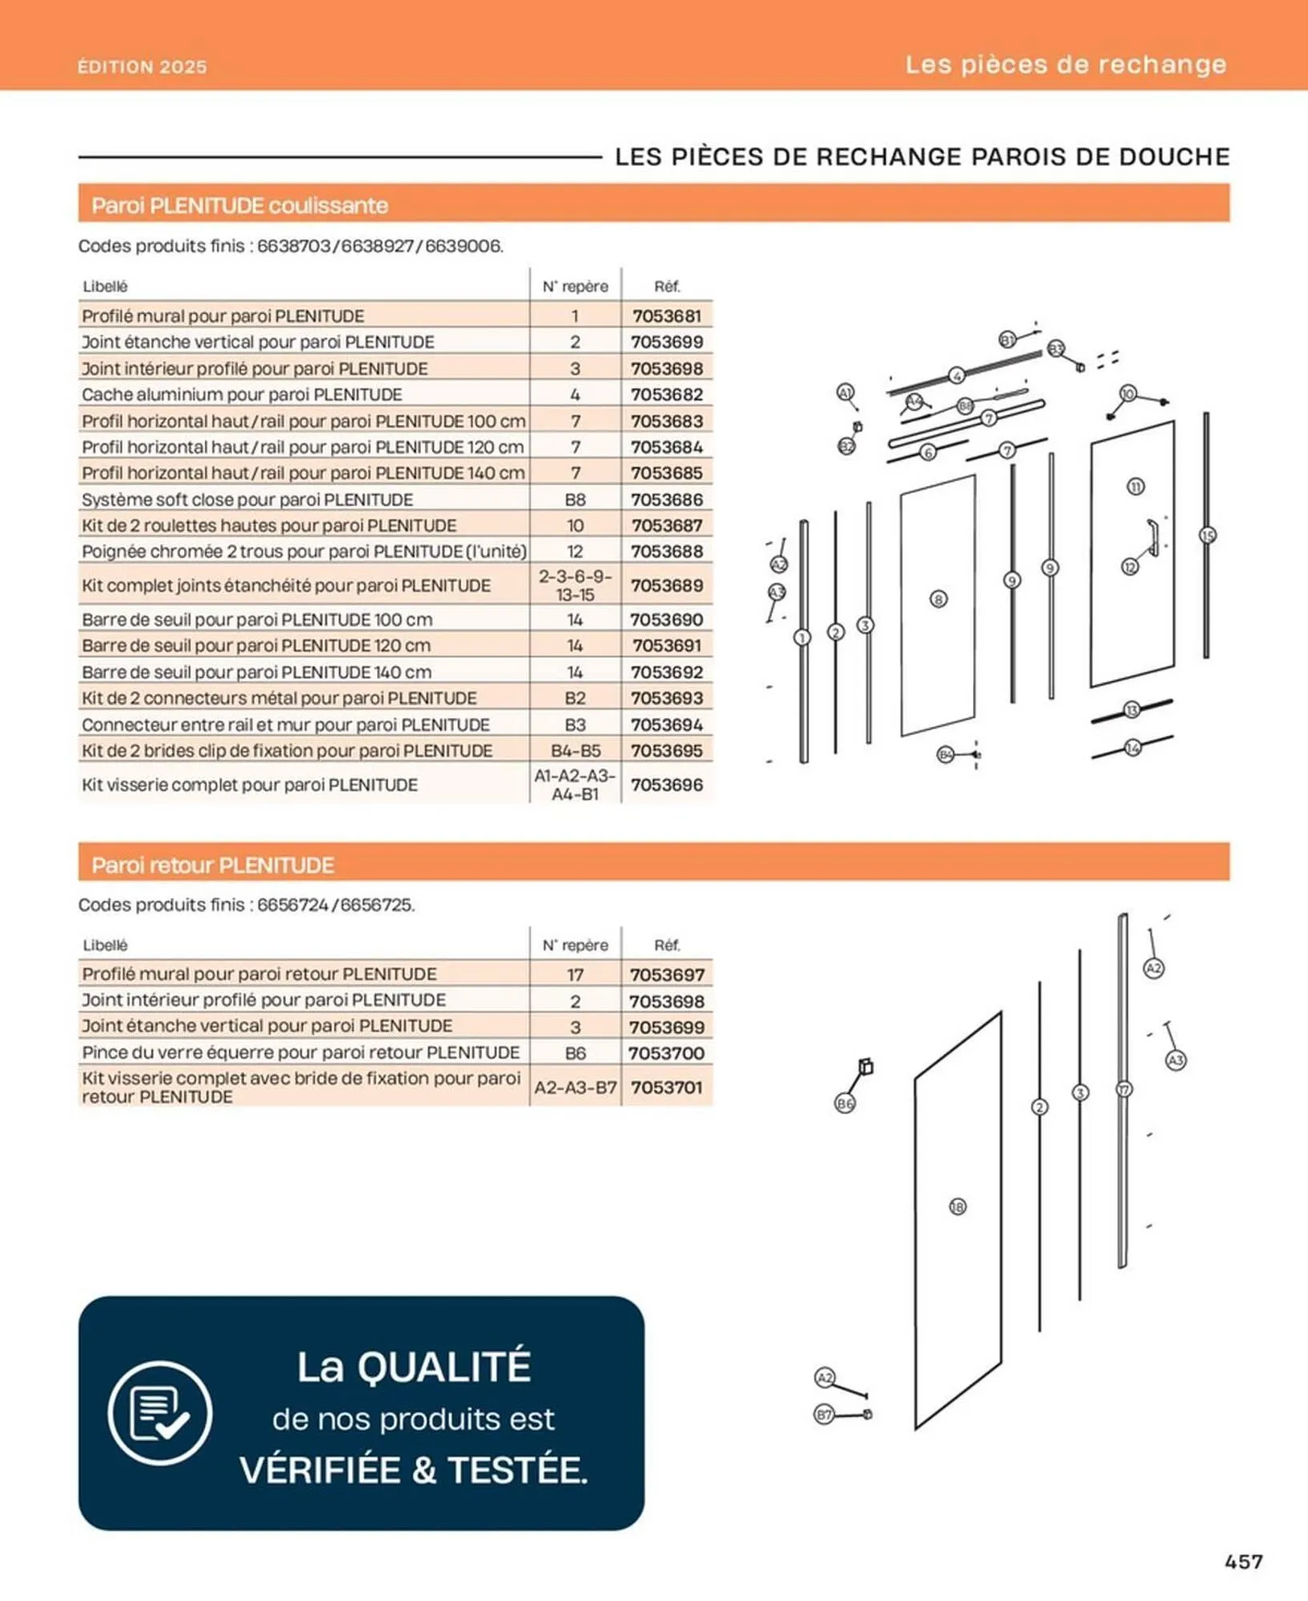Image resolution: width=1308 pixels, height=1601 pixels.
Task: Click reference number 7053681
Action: coord(666,315)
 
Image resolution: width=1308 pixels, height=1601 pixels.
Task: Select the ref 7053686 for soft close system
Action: coord(666,500)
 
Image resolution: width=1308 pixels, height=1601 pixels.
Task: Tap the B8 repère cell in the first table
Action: coord(575,500)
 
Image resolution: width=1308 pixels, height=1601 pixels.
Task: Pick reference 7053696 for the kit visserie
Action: coord(666,784)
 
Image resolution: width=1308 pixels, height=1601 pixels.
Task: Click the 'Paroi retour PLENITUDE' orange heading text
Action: coord(212,865)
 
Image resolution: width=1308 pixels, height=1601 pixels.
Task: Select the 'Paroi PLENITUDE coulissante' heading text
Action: coord(239,206)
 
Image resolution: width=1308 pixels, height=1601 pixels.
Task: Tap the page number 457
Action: coord(1243,1561)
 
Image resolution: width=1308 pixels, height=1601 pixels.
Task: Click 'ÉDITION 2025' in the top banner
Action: coord(142,66)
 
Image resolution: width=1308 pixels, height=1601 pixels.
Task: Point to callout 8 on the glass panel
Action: coord(938,599)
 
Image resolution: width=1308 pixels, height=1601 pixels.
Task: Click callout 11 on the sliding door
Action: coord(1135,487)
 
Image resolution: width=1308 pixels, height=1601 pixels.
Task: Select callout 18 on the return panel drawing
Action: coord(957,1206)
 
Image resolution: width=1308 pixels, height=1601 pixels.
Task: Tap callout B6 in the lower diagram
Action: coord(845,1104)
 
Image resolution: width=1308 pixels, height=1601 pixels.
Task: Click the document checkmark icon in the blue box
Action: coord(160,1413)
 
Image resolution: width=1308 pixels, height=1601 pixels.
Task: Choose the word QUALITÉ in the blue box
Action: coord(444,1366)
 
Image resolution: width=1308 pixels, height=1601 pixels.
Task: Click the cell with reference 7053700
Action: coord(666,1053)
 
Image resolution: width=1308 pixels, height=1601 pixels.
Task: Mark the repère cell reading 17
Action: coord(575,974)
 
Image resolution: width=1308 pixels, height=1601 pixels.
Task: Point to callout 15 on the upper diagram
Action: coord(1207,535)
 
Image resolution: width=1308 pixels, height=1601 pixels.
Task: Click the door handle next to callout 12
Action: coord(1153,536)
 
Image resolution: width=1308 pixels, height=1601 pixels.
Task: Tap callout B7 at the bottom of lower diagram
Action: coord(824,1414)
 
